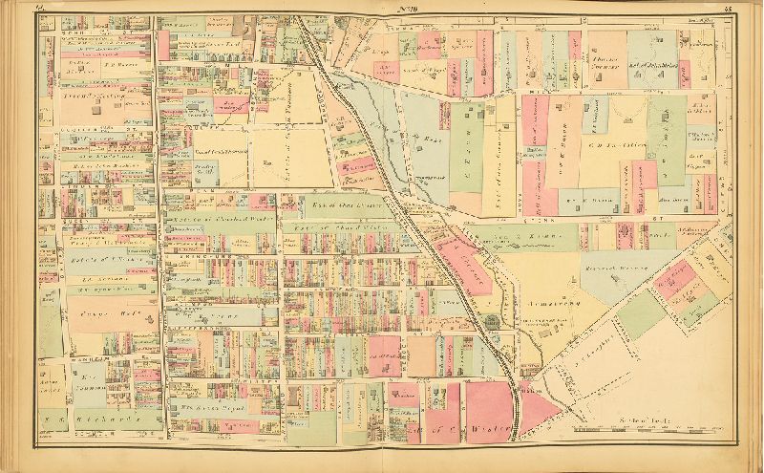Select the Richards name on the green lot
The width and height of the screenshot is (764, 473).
(x=95, y=419)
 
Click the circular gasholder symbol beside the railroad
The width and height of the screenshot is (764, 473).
(x=490, y=322)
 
